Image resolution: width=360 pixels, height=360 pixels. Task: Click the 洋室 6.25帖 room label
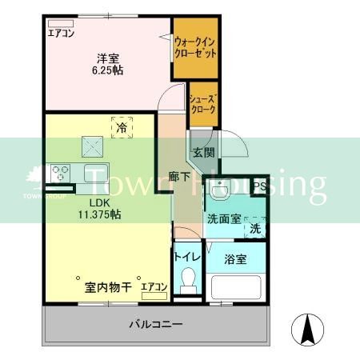coord(109,63)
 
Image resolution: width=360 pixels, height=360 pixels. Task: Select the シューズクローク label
coord(202,104)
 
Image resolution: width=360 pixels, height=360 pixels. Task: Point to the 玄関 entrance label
coord(203,152)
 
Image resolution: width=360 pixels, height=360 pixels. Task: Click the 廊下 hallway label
coord(180,178)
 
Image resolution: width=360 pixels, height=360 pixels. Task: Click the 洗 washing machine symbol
coord(254,228)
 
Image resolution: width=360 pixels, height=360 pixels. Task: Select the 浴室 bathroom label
coord(235,259)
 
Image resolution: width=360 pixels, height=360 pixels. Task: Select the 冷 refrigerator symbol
coord(122,126)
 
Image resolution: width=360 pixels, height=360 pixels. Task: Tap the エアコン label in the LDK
coord(154,286)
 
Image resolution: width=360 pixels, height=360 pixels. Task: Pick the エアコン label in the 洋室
coord(61,34)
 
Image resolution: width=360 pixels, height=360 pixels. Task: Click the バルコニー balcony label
coord(156,325)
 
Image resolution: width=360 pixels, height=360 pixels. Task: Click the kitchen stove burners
coord(61,170)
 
